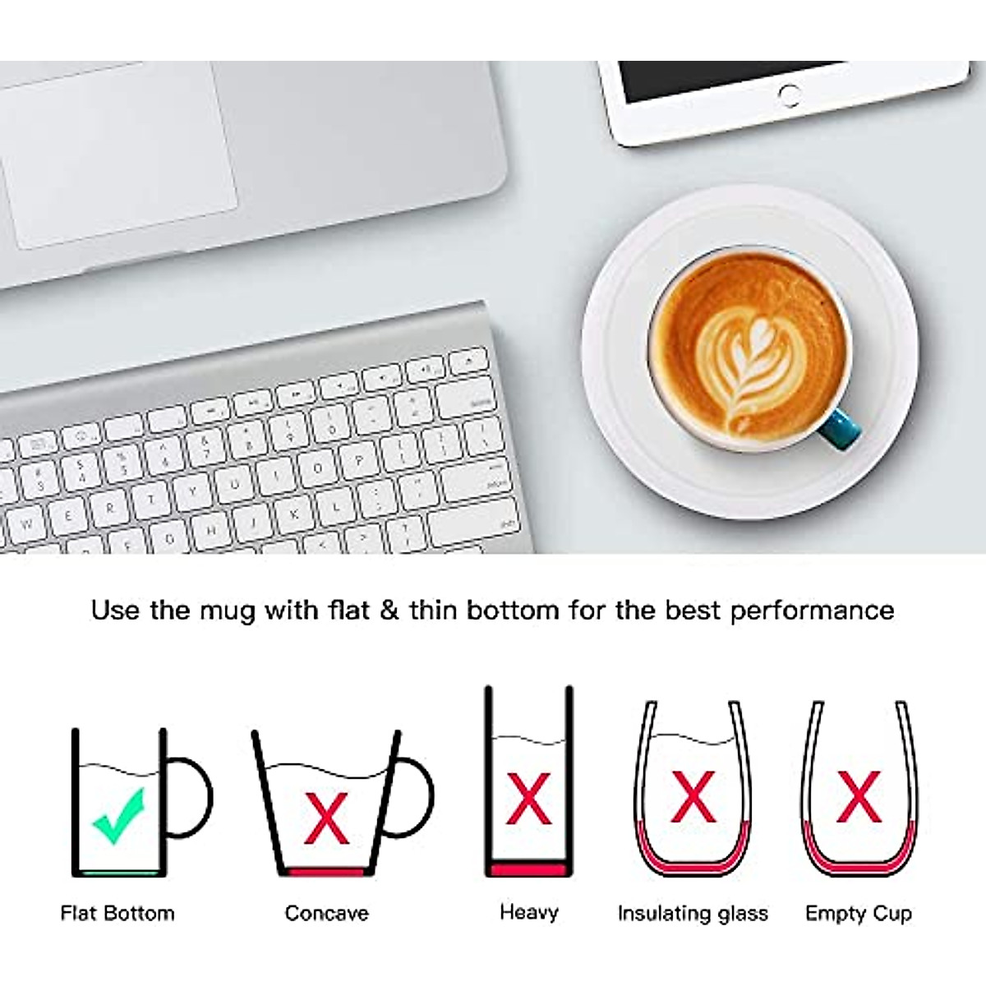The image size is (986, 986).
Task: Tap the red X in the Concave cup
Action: point(326,818)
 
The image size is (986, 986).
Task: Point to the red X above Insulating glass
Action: point(693,796)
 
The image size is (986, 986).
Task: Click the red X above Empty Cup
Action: point(858,796)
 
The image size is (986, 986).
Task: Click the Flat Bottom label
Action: point(117,913)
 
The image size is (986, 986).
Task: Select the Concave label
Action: point(326,913)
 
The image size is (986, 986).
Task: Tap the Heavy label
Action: point(528,911)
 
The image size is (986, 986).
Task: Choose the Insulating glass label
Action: point(693,913)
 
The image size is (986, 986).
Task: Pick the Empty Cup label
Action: point(859,913)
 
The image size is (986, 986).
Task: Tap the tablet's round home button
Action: point(789,94)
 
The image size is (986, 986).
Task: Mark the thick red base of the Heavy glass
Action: point(528,869)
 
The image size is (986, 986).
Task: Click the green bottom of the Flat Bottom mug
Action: point(117,873)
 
